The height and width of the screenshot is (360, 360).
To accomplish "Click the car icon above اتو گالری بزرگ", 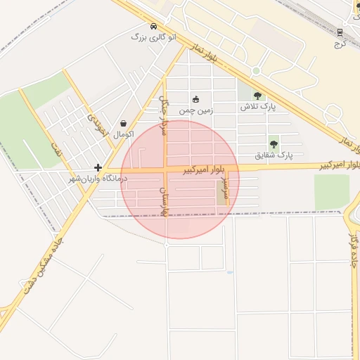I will click(x=153, y=26).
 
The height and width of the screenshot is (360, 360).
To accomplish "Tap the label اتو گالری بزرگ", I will click(x=154, y=36).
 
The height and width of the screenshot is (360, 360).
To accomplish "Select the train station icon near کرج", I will click(x=340, y=32).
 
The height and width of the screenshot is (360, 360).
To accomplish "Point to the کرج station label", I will click(x=342, y=44).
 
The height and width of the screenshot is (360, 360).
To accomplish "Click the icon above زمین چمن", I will click(x=195, y=99).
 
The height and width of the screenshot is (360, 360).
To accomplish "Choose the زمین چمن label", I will click(x=195, y=110).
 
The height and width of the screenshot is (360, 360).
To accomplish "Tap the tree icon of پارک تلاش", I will click(x=257, y=96).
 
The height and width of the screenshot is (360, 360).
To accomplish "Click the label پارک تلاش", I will click(x=258, y=107).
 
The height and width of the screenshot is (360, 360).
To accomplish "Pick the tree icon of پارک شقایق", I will click(x=274, y=143).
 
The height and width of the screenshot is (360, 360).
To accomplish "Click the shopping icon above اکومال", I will click(x=123, y=123).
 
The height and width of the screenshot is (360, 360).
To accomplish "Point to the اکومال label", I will click(x=123, y=134).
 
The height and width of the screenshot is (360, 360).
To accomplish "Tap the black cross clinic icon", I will click(x=98, y=168).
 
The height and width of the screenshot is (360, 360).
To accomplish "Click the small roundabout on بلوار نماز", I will click(x=256, y=71).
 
